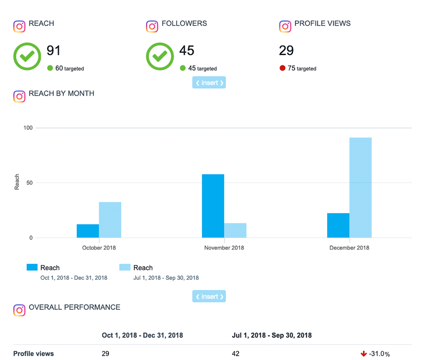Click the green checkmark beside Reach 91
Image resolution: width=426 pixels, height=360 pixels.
tap(27, 56)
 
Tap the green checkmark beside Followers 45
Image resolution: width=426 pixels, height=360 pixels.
tap(160, 56)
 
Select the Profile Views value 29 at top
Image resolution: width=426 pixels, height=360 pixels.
tap(286, 51)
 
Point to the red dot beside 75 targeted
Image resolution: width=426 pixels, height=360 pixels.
tap(282, 68)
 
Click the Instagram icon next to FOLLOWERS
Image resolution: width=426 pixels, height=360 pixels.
tap(152, 26)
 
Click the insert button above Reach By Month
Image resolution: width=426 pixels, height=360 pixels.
tap(209, 83)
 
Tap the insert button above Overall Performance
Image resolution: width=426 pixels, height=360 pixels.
tap(209, 296)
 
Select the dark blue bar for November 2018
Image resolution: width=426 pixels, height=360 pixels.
tap(213, 206)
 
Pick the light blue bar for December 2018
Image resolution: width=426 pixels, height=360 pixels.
tap(360, 187)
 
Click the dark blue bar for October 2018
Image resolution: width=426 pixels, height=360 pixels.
tap(88, 231)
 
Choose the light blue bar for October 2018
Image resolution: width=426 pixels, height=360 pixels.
tap(110, 220)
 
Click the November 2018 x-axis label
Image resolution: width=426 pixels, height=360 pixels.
tap(224, 248)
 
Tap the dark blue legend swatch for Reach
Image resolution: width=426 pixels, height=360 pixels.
tap(32, 267)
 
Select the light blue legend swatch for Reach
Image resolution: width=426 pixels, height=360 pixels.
tap(125, 267)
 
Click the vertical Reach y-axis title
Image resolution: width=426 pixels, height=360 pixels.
tap(17, 182)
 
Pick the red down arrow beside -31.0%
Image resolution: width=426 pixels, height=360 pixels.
tap(364, 354)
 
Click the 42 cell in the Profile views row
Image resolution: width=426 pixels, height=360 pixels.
tap(236, 354)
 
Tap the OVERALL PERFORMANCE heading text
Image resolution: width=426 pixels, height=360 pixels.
tap(74, 307)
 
